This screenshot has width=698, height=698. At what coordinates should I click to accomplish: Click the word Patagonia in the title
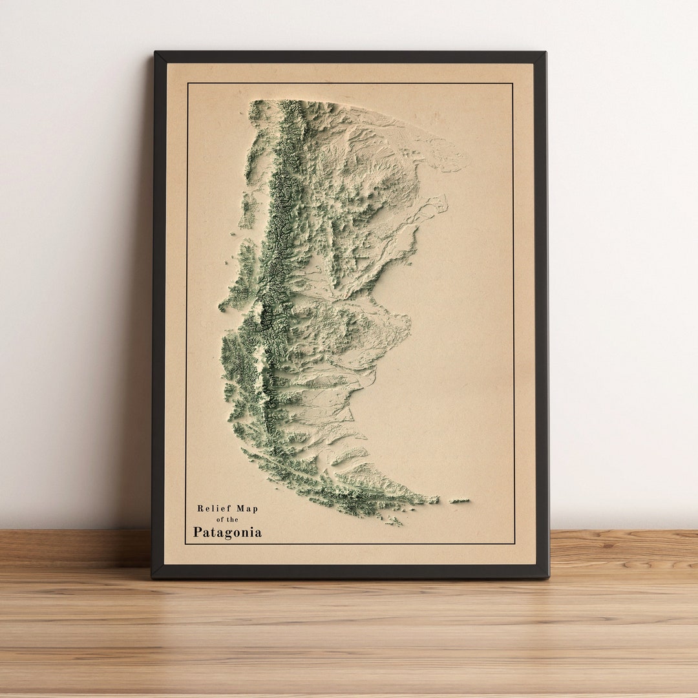pos(227,533)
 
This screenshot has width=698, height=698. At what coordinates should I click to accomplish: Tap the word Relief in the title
pos(213,509)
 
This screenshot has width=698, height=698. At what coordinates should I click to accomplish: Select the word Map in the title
pos(246,509)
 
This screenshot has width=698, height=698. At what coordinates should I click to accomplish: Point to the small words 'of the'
pos(227,520)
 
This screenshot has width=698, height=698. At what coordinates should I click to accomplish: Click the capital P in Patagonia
pos(198,533)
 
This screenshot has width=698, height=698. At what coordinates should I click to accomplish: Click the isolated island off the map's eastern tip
pos(460,500)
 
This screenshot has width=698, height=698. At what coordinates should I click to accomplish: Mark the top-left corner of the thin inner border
pos(187,83)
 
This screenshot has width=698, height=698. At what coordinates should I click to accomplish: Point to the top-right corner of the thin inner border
pos(513,83)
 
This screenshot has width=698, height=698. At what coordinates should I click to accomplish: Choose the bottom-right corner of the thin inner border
pos(514,544)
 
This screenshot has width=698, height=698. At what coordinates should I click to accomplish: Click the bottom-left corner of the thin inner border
pos(185,544)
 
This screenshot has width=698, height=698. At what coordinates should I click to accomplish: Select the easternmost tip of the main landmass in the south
pos(436,500)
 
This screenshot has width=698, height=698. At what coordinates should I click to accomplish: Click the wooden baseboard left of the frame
pos(74,548)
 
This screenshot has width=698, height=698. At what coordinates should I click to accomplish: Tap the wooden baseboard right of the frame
pos(624,548)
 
